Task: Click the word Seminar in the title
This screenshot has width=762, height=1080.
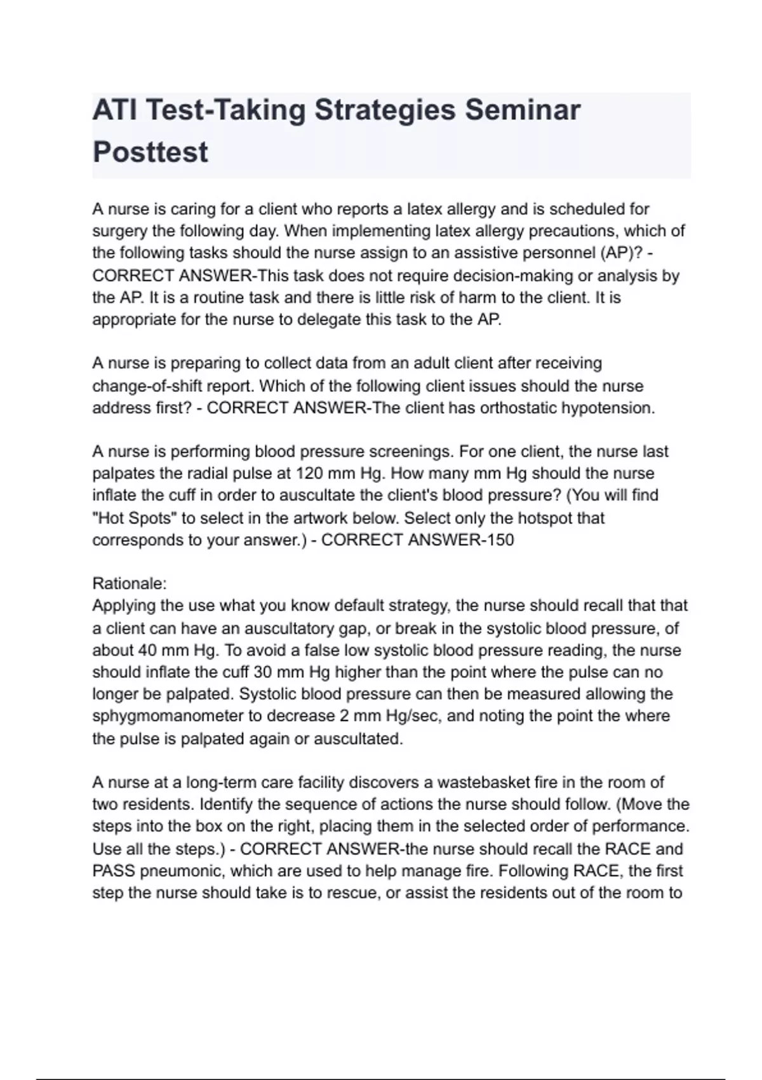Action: (522, 110)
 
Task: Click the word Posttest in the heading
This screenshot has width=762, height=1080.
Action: (150, 152)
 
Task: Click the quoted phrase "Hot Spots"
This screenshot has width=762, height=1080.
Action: (135, 518)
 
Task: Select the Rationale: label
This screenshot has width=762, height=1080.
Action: (130, 583)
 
